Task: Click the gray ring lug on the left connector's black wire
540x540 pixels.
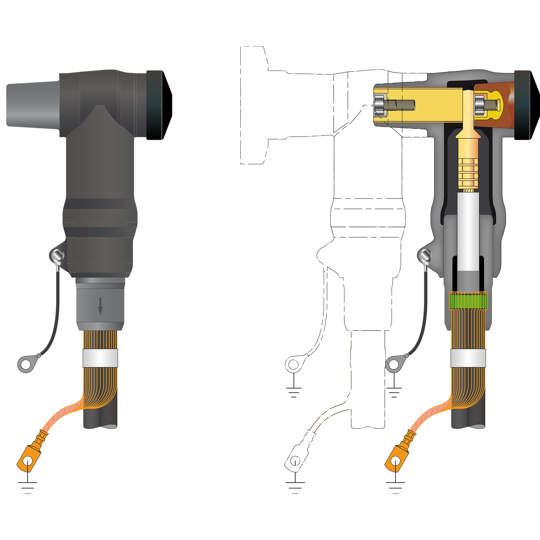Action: [26, 364]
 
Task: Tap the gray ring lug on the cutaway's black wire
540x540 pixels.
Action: [394, 364]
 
